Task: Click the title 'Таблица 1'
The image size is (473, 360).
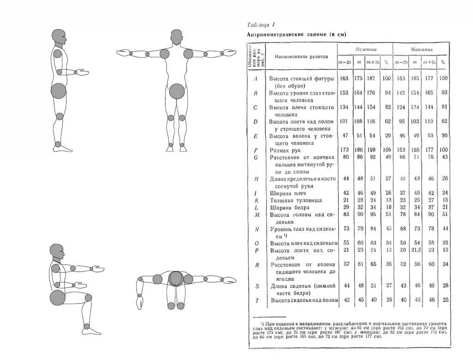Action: (x=261, y=25)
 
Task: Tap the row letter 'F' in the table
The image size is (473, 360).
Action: (x=255, y=150)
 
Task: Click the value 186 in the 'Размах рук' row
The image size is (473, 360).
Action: (x=358, y=150)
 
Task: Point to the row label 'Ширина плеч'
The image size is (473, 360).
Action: (x=288, y=193)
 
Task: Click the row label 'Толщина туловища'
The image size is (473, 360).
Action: (x=296, y=200)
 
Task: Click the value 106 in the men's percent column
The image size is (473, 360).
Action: (x=386, y=150)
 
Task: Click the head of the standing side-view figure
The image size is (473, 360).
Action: (x=58, y=37)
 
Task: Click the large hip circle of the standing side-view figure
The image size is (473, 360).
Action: (x=59, y=91)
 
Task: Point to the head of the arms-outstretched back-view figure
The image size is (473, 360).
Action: (x=176, y=37)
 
